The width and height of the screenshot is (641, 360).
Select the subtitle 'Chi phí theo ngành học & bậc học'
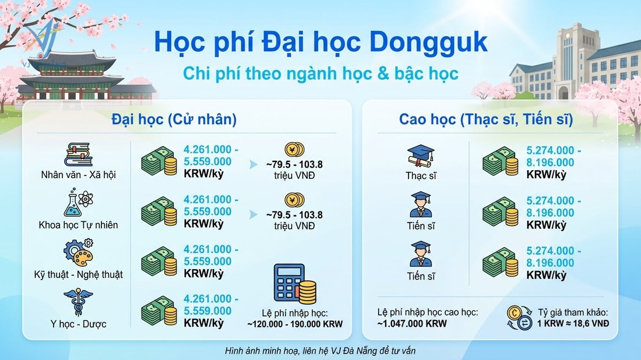(320, 73)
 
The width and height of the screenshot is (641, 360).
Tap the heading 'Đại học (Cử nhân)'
(174, 119)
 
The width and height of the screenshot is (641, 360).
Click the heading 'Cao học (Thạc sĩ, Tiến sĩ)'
(486, 119)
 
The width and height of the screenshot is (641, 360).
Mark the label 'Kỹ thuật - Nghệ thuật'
(79, 274)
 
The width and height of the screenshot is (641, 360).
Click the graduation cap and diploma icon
(420, 155)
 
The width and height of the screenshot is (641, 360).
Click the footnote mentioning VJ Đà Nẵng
(320, 351)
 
